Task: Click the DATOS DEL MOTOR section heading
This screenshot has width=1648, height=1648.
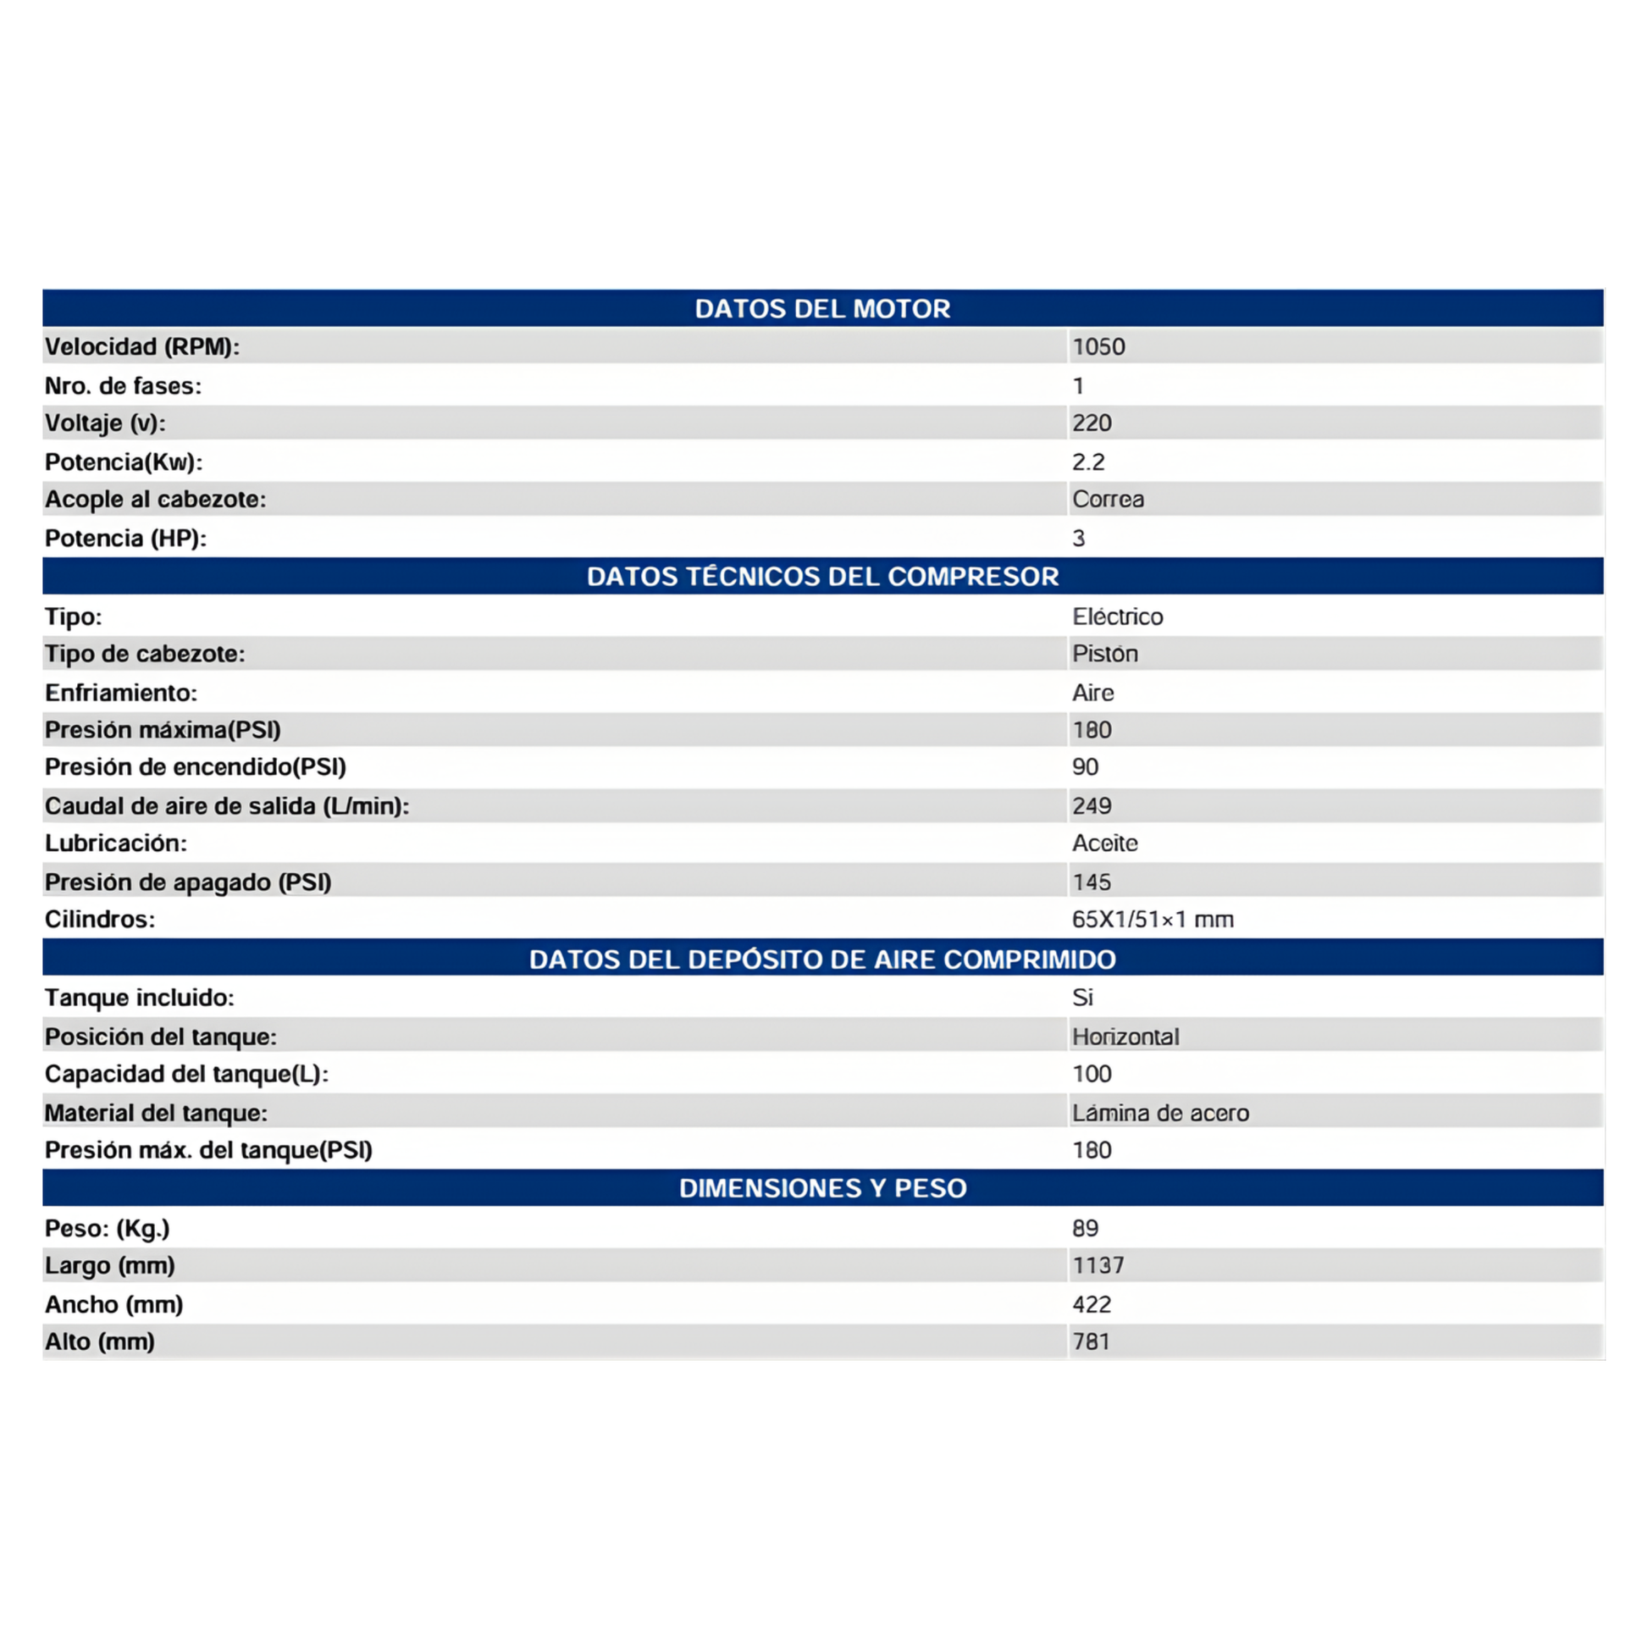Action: pos(822,308)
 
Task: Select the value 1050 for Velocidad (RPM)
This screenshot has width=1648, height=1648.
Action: pos(1098,346)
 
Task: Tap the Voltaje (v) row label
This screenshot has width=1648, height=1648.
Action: pos(105,423)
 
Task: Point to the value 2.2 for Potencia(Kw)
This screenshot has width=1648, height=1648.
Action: pos(1088,462)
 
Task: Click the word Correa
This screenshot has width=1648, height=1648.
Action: pos(1108,499)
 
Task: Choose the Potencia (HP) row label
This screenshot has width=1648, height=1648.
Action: pos(125,539)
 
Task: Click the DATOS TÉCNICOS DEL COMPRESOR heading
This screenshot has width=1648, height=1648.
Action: pos(822,577)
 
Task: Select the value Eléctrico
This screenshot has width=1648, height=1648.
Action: pos(1117,616)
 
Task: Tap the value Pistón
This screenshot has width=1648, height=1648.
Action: pos(1104,654)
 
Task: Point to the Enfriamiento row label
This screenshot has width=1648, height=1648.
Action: pos(121,693)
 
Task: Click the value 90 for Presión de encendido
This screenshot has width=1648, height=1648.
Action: pos(1085,767)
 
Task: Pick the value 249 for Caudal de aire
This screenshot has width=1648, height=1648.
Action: pos(1092,805)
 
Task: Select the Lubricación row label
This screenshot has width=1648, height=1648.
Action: pos(116,843)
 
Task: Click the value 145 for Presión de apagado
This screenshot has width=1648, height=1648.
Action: pos(1092,882)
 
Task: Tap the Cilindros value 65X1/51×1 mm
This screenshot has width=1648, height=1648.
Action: pos(1153,919)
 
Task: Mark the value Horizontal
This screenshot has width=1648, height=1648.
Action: pos(1125,1037)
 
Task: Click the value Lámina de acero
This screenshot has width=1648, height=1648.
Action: pos(1160,1112)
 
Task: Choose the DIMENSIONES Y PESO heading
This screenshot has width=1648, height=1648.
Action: pos(822,1188)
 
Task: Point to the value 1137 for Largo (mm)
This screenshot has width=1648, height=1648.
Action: pos(1098,1265)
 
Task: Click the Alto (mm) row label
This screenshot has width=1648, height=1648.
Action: pos(100,1341)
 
